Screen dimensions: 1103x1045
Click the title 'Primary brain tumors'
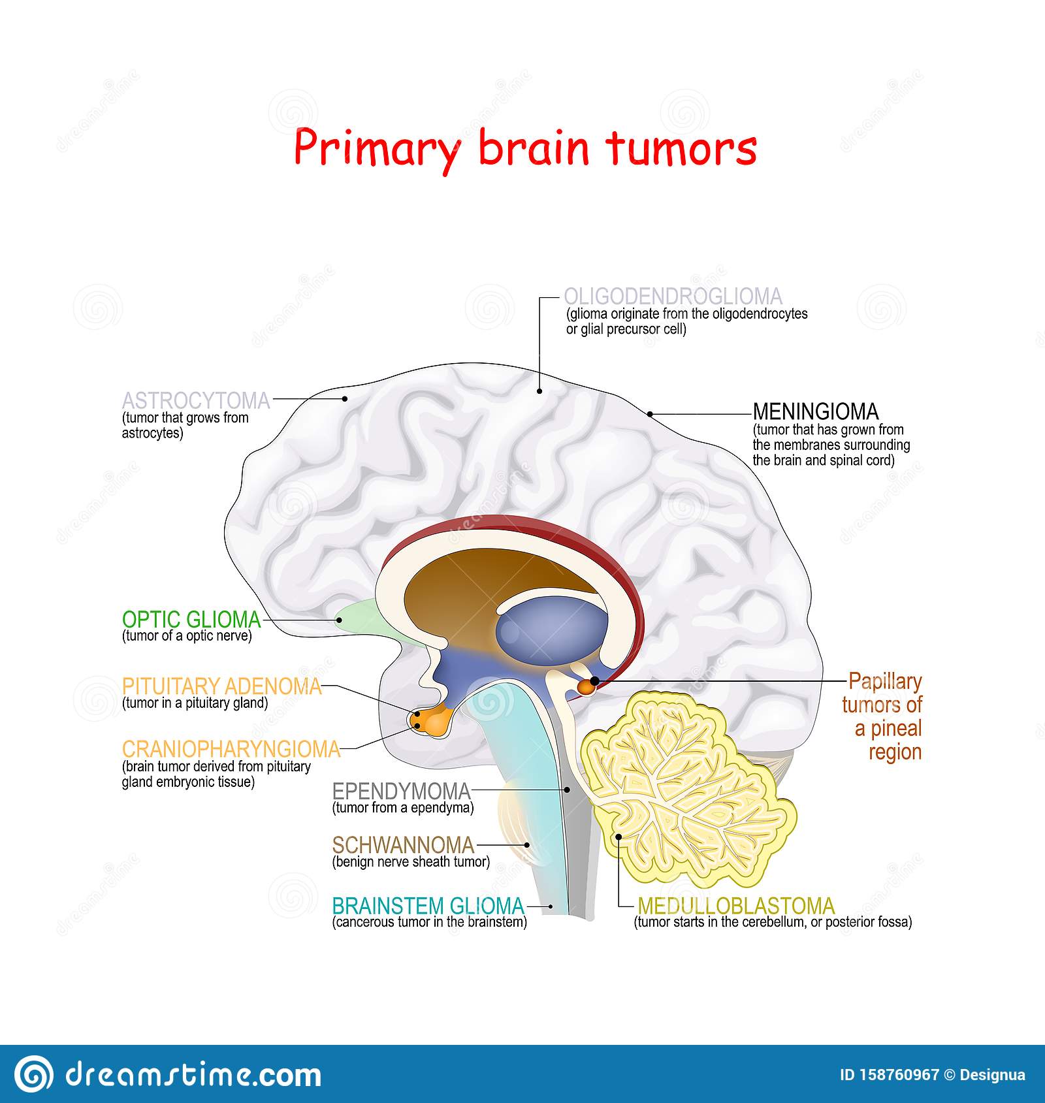pyautogui.click(x=524, y=148)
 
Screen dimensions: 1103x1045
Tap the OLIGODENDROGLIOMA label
pyautogui.click(x=673, y=296)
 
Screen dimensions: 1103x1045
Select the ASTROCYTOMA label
pyautogui.click(x=196, y=400)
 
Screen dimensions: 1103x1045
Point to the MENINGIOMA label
pyautogui.click(x=816, y=411)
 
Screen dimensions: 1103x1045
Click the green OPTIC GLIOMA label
pyautogui.click(x=191, y=619)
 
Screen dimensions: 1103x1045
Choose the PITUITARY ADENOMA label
pyautogui.click(x=222, y=686)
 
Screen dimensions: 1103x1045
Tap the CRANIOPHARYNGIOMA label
pyautogui.click(x=231, y=749)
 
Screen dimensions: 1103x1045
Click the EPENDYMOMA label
pyautogui.click(x=401, y=791)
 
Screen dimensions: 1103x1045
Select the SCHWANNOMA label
pyautogui.click(x=403, y=845)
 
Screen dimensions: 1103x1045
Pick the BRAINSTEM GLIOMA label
pyautogui.click(x=428, y=906)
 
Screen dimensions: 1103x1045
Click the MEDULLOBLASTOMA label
pyautogui.click(x=736, y=906)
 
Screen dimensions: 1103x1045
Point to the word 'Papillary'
pyautogui.click(x=885, y=682)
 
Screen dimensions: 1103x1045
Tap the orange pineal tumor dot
pyautogui.click(x=587, y=686)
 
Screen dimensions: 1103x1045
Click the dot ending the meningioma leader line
pyautogui.click(x=650, y=413)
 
